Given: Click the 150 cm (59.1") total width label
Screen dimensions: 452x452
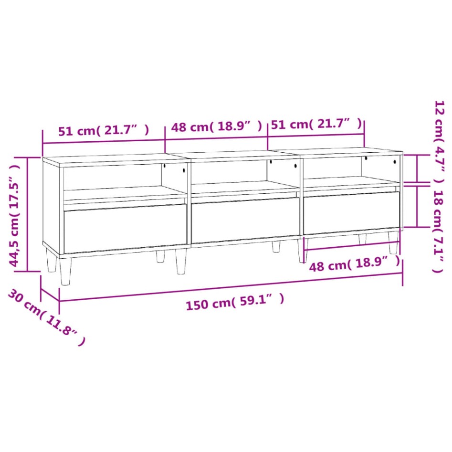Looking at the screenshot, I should point(235,302).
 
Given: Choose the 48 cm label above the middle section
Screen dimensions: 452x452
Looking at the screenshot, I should point(216,126).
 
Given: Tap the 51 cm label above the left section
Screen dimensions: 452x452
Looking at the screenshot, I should point(103,130).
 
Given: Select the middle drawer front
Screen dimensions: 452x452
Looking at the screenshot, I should point(245,219).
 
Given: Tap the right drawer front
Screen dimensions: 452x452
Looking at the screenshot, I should point(351,212).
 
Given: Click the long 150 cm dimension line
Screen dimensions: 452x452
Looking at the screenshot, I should point(229,286).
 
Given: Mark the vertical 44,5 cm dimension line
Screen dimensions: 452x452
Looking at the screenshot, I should point(28,215).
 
